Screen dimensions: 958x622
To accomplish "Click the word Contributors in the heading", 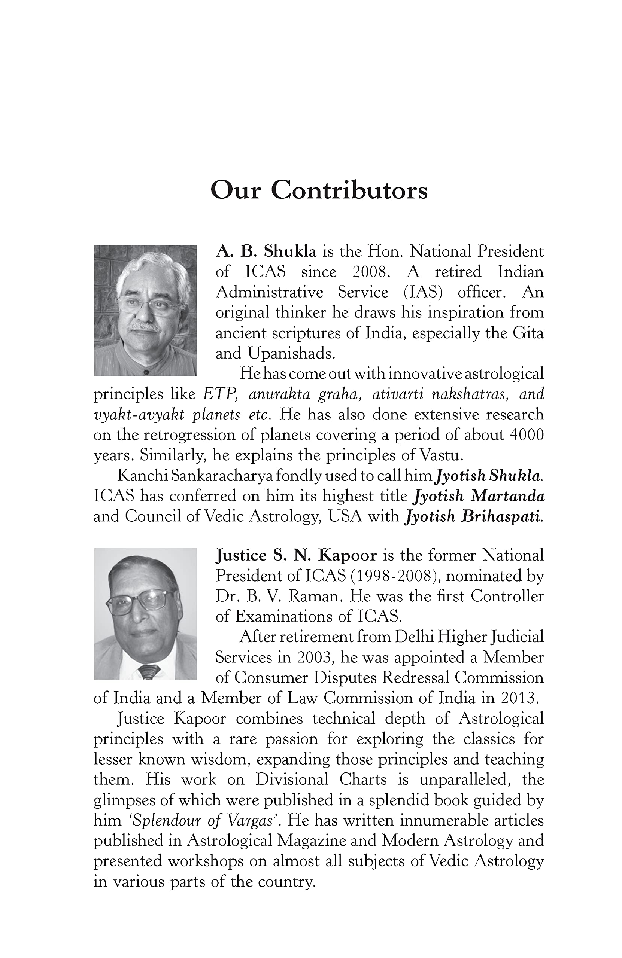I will [349, 190].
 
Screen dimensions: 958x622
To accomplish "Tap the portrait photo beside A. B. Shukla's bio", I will [145, 310].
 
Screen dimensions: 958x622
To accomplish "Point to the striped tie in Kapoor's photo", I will [148, 671].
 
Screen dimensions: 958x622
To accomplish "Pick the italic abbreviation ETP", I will [219, 394].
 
